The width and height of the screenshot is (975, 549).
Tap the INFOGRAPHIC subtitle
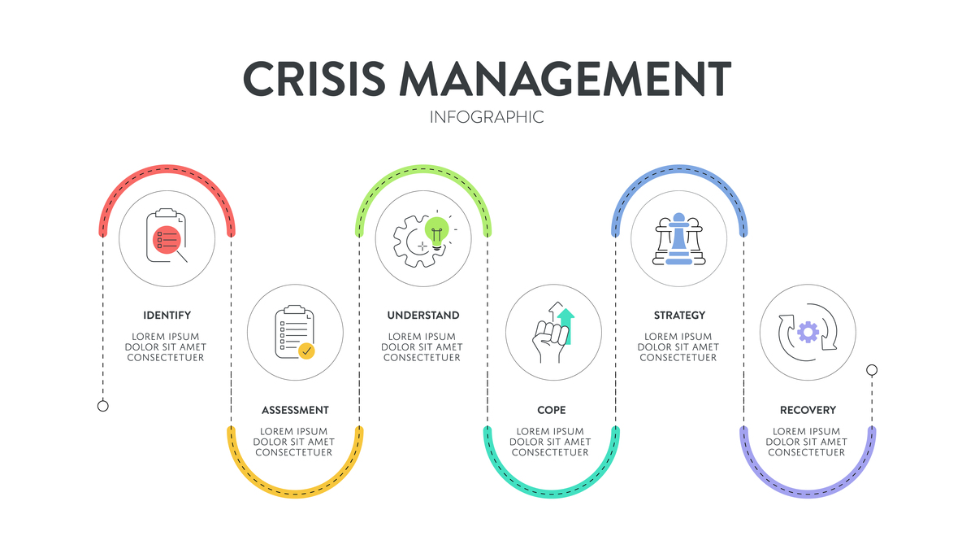click(x=487, y=117)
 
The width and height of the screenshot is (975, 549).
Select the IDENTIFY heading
click(x=167, y=316)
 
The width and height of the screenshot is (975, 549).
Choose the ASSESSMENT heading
click(x=295, y=411)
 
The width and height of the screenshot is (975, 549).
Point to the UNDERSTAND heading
click(x=423, y=316)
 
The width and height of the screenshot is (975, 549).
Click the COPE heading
click(x=551, y=411)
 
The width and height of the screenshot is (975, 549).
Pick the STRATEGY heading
click(x=679, y=316)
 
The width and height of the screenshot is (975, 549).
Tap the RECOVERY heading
click(x=808, y=411)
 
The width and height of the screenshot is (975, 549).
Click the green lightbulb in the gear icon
click(x=436, y=231)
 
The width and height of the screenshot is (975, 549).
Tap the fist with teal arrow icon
click(x=553, y=333)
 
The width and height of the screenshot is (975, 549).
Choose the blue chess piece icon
click(x=679, y=237)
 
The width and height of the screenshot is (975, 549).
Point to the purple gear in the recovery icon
click(x=808, y=332)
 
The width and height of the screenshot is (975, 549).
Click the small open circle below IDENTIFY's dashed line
click(x=103, y=406)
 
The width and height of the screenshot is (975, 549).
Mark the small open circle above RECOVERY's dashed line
click(x=872, y=370)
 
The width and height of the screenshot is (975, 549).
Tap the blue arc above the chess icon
click(x=679, y=169)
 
